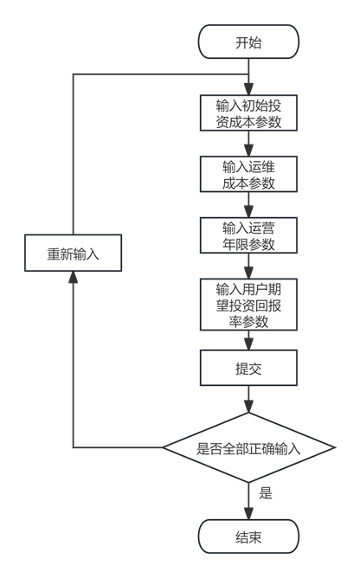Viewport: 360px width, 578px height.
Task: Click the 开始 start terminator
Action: point(248,42)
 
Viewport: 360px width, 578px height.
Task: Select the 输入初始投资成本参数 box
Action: point(248,113)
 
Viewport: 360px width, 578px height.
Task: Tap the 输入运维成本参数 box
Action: point(248,175)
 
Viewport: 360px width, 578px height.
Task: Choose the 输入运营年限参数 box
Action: point(248,235)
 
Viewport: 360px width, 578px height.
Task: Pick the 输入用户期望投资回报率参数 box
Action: point(248,305)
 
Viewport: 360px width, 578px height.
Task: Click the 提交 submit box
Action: point(248,368)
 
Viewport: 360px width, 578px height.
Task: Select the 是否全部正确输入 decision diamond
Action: point(249,447)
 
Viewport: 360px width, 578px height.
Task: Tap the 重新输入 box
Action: point(73,253)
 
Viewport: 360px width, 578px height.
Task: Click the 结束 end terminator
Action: point(248,536)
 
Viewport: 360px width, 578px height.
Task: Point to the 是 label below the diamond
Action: point(266,493)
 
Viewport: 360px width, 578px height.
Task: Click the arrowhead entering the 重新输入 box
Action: point(73,277)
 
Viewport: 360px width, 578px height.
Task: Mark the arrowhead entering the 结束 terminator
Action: point(249,514)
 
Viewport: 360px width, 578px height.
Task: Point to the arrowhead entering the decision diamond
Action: point(249,407)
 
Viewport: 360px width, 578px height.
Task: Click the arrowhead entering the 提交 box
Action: point(249,344)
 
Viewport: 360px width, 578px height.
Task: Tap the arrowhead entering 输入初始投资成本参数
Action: point(249,90)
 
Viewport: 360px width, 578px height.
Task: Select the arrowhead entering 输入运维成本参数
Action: point(249,151)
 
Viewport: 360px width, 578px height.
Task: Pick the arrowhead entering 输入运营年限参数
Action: point(249,212)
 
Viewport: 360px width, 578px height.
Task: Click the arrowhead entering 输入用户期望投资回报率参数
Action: point(249,273)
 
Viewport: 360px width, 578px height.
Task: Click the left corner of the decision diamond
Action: point(163,447)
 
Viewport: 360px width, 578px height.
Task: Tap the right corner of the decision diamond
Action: point(335,447)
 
